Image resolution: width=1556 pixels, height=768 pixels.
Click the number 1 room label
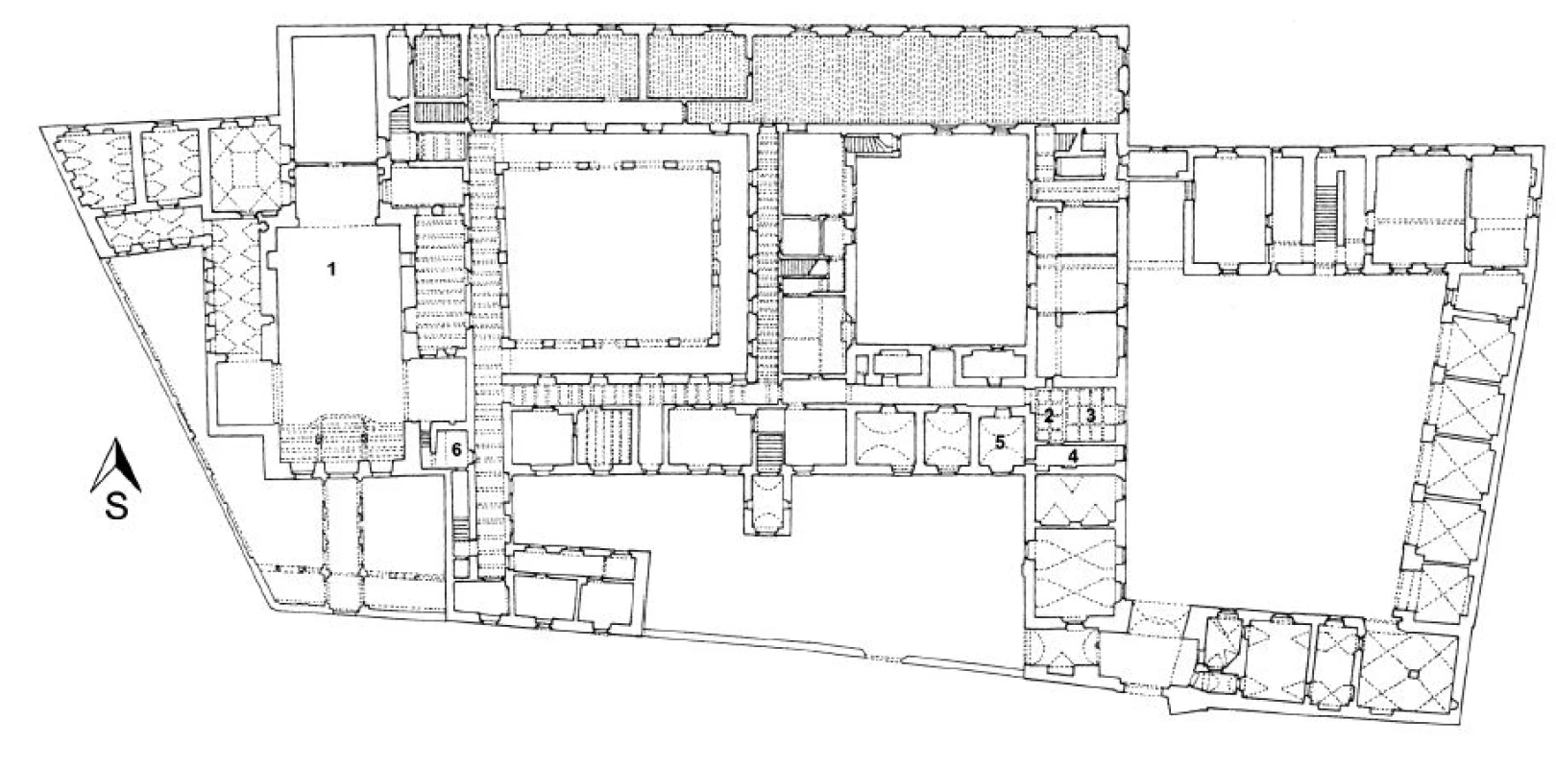[332, 269]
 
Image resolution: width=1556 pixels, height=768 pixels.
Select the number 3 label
[1090, 416]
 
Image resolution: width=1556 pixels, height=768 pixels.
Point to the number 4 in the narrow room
[1073, 456]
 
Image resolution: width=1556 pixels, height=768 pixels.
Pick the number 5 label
[1000, 443]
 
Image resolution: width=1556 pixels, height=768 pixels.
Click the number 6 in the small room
[455, 449]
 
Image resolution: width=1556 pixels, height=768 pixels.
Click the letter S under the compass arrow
[117, 508]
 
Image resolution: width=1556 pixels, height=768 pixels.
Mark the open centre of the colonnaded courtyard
[611, 253]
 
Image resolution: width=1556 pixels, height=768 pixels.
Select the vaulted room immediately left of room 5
[947, 443]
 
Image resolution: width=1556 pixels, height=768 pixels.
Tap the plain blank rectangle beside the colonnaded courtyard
[940, 239]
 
